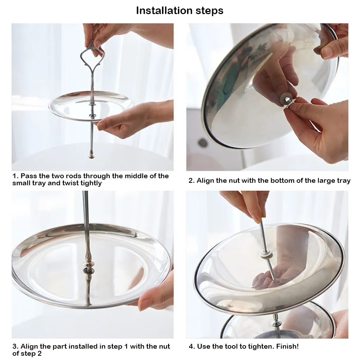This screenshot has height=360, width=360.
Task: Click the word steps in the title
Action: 209,11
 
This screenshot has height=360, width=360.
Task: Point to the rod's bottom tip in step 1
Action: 91,157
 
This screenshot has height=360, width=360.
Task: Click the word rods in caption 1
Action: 73,176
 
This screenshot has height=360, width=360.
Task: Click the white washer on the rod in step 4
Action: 266,255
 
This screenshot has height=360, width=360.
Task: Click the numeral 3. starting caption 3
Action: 16,346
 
